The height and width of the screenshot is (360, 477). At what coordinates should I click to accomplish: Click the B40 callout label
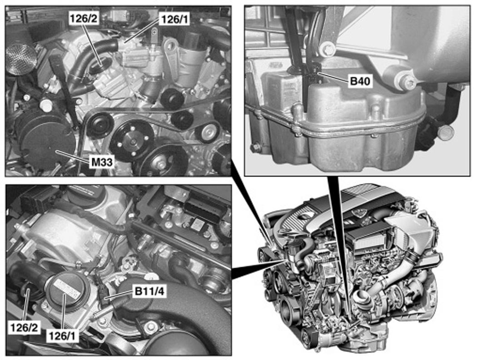[361, 81]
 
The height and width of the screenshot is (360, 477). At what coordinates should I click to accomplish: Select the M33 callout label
[102, 162]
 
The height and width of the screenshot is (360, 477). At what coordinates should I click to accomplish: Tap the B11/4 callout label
[149, 291]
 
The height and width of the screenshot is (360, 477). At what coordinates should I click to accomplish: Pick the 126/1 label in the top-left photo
[175, 20]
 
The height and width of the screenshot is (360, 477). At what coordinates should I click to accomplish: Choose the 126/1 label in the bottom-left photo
[62, 335]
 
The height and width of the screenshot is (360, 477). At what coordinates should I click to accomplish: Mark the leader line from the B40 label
[333, 76]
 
